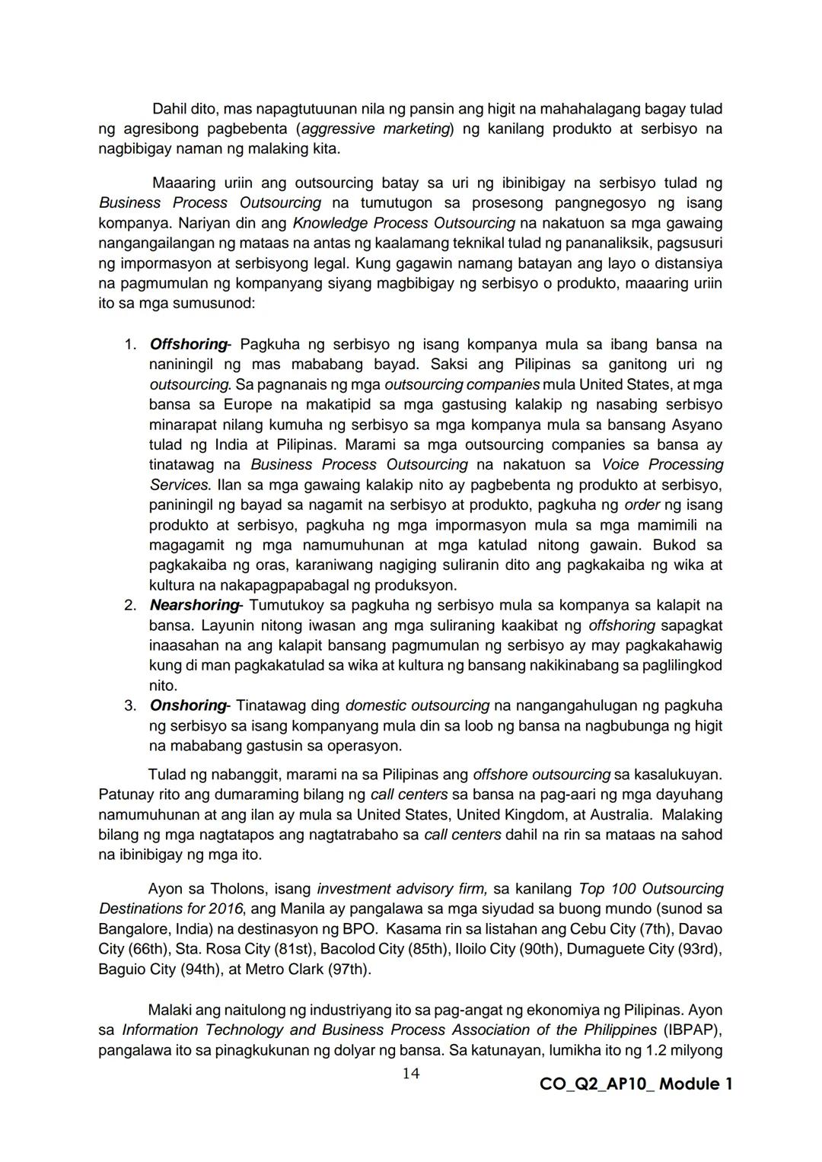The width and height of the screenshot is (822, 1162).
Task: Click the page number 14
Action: tap(411, 1073)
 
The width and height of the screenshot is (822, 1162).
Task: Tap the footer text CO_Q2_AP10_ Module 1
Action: tap(636, 1084)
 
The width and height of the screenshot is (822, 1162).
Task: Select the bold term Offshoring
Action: tap(188, 344)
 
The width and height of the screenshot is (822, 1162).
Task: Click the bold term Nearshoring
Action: tap(194, 605)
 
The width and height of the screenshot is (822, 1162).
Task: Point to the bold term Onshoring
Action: tap(188, 705)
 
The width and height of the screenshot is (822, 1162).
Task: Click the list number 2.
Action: tap(130, 605)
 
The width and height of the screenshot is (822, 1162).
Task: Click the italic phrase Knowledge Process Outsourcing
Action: tap(403, 223)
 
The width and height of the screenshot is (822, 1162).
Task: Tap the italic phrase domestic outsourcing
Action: tap(417, 705)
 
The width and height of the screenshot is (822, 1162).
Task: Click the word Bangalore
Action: tap(132, 929)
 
